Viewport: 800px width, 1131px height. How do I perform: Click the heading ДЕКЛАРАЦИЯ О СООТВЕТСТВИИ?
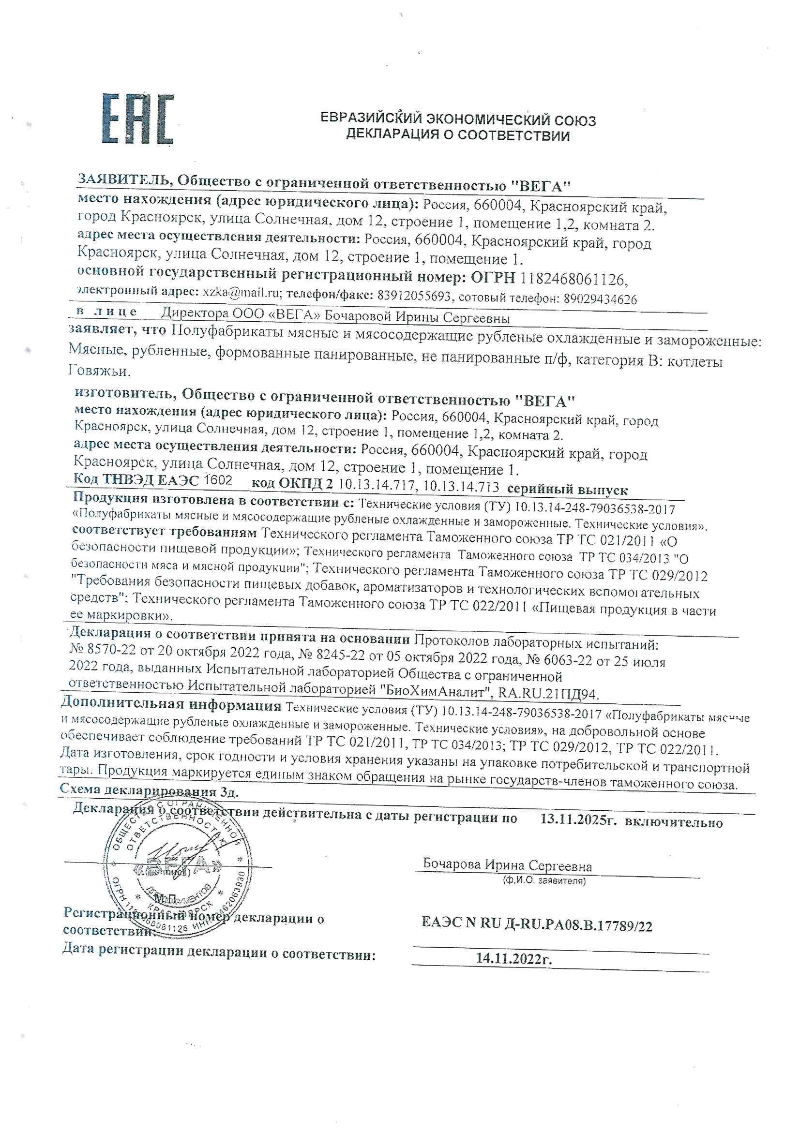tap(457, 135)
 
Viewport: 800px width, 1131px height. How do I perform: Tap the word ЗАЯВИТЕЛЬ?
tap(123, 181)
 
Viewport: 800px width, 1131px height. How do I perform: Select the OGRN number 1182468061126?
tap(573, 279)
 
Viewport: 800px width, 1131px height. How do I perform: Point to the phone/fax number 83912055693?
tap(414, 296)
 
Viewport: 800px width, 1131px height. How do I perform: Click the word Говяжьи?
tap(99, 371)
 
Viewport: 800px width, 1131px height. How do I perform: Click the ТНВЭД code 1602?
tap(217, 480)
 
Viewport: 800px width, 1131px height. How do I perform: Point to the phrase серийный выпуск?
tap(567, 490)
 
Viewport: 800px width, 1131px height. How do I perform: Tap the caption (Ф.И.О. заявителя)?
tap(543, 880)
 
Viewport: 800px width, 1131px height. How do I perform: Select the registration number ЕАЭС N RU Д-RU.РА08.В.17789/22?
tap(537, 925)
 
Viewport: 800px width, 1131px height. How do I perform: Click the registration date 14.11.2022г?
tap(513, 959)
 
